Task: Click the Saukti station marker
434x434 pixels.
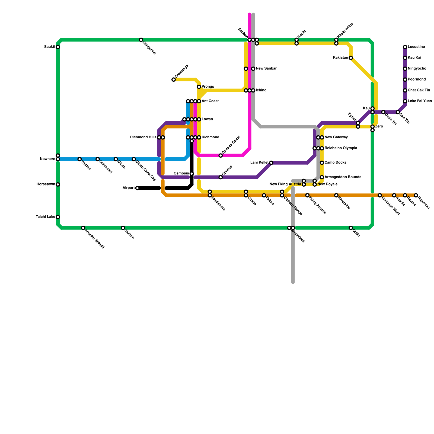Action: [x=58, y=47]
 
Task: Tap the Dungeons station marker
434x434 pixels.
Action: [x=141, y=40]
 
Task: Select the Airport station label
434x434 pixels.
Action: [x=129, y=188]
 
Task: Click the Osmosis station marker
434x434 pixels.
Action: [x=192, y=174]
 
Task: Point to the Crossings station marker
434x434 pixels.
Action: [x=174, y=79]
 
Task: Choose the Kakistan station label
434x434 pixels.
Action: [x=340, y=58]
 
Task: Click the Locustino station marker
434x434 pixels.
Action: [x=405, y=47]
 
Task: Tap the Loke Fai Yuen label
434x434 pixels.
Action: [x=420, y=101]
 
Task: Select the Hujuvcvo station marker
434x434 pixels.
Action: [x=416, y=195]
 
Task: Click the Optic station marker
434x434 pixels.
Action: [x=351, y=228]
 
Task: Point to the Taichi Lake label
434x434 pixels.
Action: [x=45, y=217]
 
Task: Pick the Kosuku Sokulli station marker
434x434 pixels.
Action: [x=83, y=228]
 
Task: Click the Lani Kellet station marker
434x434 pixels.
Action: [x=271, y=163]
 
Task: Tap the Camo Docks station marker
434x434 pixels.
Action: [x=322, y=163]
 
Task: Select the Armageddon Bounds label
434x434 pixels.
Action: [x=343, y=177]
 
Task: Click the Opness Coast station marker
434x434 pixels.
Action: [x=221, y=156]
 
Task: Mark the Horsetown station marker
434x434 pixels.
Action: [x=58, y=184]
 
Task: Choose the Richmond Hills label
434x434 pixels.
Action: [x=143, y=137]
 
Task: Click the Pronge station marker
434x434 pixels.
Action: [x=199, y=87]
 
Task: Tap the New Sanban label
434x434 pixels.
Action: [x=266, y=69]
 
